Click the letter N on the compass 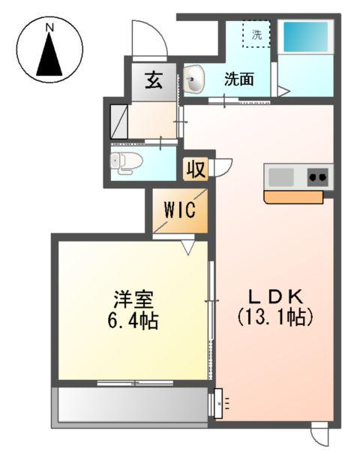pos(49,28)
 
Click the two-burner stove pos(316,177)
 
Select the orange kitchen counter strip pos(293,197)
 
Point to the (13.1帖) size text pos(274,317)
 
